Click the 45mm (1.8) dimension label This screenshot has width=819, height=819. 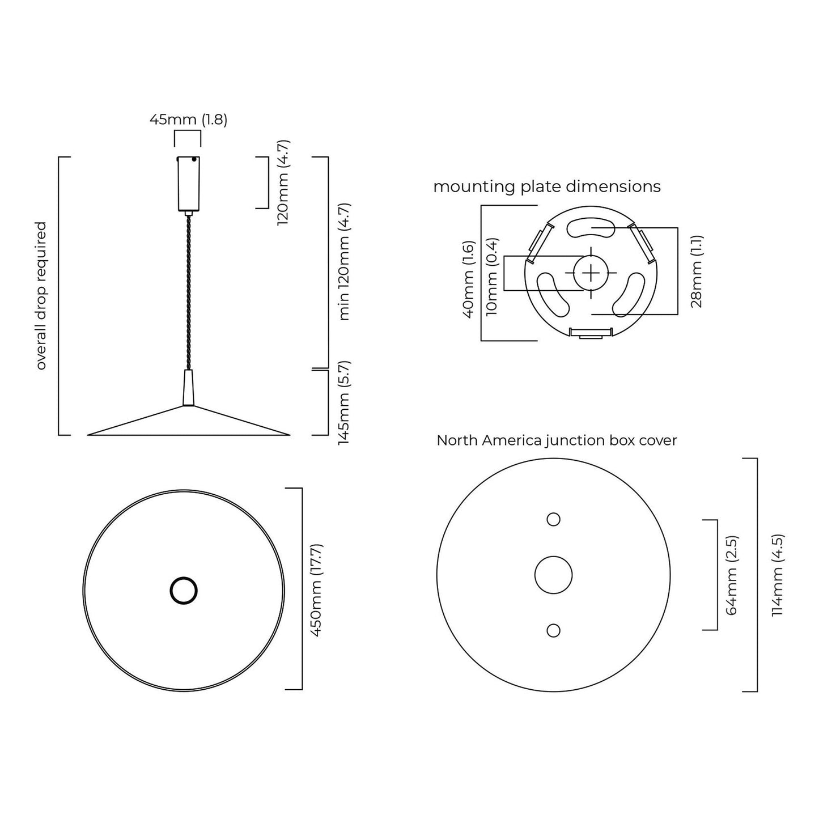click(x=188, y=120)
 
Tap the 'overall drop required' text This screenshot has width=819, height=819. click(x=41, y=295)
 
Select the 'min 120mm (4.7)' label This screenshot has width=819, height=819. click(x=343, y=261)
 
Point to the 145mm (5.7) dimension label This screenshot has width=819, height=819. click(x=343, y=402)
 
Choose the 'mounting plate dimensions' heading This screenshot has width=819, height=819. click(x=546, y=186)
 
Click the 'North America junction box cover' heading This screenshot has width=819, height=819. click(x=557, y=440)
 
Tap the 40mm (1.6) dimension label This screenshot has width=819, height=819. click(x=468, y=279)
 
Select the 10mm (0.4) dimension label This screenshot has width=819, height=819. click(x=491, y=277)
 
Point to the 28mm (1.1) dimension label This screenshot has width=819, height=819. click(x=697, y=271)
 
